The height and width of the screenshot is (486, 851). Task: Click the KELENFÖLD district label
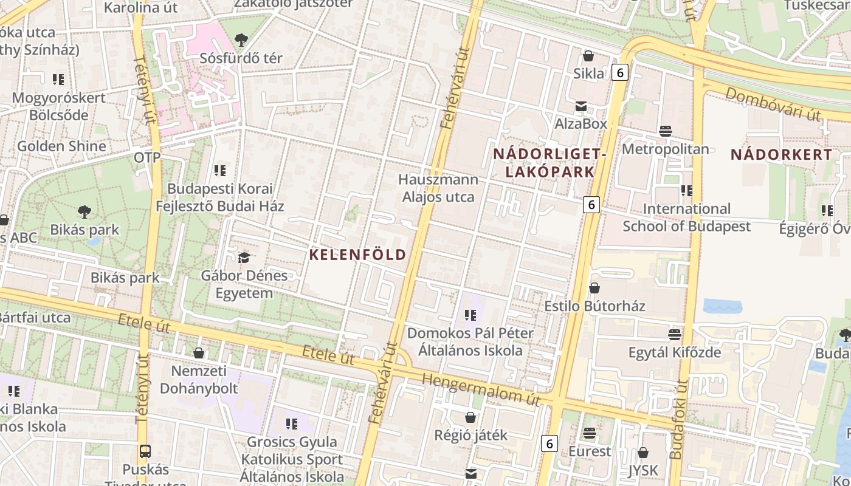click(x=357, y=255)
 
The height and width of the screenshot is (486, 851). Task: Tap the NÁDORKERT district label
click(x=781, y=154)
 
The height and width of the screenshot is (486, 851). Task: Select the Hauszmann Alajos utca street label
click(x=438, y=188)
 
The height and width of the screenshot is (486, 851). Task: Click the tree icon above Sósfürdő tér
click(x=241, y=41)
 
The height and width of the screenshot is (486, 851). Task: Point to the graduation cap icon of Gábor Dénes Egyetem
click(x=244, y=258)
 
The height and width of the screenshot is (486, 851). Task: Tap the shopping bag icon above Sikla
click(x=588, y=56)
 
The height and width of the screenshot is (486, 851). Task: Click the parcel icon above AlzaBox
click(x=581, y=106)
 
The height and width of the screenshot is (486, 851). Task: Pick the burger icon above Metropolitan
click(x=666, y=131)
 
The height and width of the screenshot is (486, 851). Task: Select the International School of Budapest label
click(x=686, y=217)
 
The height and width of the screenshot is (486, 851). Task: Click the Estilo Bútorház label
click(x=594, y=306)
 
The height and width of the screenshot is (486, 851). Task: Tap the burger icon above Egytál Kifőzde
click(x=674, y=335)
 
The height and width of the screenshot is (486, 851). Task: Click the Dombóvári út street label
click(x=773, y=104)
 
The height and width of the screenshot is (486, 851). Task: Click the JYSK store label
click(x=643, y=470)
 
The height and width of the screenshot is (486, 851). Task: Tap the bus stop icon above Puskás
click(x=145, y=451)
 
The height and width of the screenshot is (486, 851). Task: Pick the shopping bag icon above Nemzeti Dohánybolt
click(x=198, y=353)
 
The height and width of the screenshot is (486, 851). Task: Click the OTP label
click(x=147, y=158)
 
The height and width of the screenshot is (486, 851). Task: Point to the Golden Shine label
click(x=61, y=146)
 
